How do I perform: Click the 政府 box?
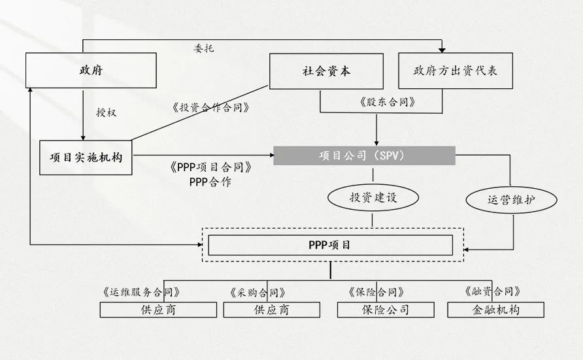click(x=91, y=70)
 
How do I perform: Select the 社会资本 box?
click(x=326, y=71)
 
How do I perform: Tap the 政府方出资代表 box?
click(x=456, y=71)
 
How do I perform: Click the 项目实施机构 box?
click(x=86, y=157)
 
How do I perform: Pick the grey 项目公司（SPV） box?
click(x=365, y=155)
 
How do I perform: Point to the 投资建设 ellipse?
click(x=373, y=197)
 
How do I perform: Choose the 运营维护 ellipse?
click(x=511, y=200)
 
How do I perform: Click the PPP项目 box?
click(x=330, y=245)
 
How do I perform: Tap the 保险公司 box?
click(x=386, y=310)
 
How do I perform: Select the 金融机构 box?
click(x=495, y=310)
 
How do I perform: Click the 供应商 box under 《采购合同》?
click(x=271, y=310)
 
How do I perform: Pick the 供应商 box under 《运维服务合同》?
click(x=158, y=310)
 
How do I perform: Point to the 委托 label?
click(x=204, y=48)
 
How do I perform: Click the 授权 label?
click(x=107, y=112)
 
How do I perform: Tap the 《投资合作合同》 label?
click(x=210, y=108)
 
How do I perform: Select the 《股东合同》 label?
click(x=387, y=102)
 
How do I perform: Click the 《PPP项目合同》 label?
click(x=211, y=167)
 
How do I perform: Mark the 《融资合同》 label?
click(x=492, y=291)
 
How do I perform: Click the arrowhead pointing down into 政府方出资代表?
click(x=442, y=50)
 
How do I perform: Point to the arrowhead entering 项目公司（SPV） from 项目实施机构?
click(x=272, y=155)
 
